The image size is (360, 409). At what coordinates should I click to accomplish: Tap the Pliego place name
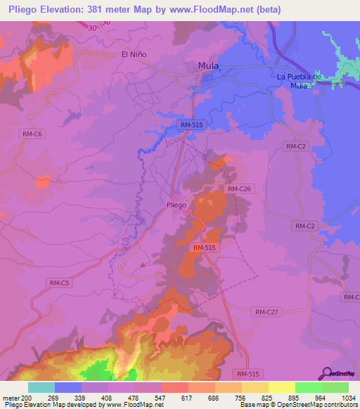tap(176, 204)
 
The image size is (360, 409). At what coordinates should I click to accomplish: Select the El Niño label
tap(133, 54)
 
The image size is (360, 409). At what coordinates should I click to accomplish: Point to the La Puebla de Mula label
tap(299, 81)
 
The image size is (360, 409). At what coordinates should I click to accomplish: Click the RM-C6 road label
tap(31, 133)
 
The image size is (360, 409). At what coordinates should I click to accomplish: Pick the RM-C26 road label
tap(239, 189)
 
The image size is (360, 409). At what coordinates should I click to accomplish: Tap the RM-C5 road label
tap(59, 283)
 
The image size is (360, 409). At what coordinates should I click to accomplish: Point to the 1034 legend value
tap(348, 397)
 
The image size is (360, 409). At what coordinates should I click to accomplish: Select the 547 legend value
tap(162, 397)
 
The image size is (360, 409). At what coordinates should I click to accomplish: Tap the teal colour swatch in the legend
tap(41, 387)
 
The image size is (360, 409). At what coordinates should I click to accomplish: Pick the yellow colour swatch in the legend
tap(281, 387)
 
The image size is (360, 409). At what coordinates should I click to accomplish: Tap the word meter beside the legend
tap(11, 397)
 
